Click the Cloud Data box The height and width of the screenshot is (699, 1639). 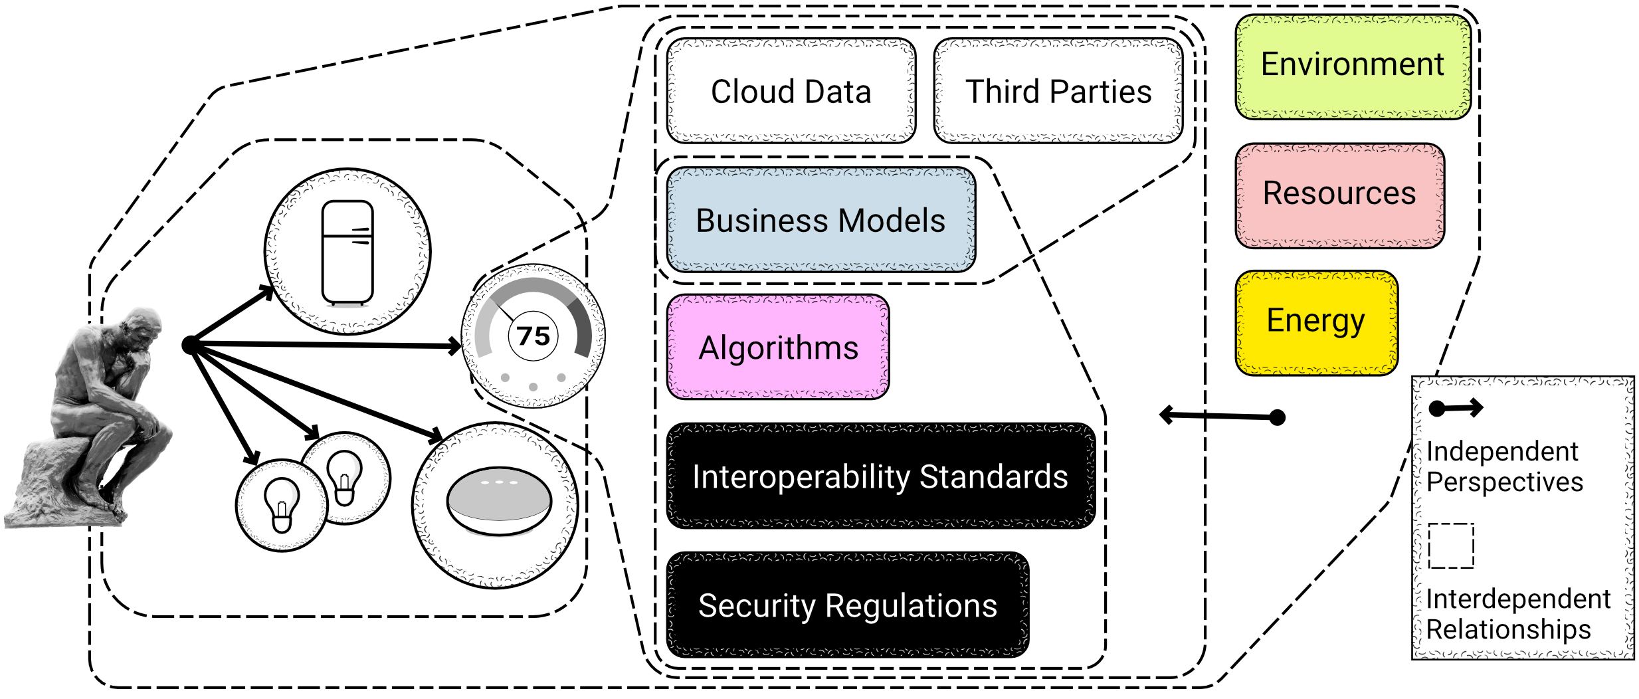click(x=791, y=91)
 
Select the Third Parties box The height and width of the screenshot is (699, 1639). click(x=1058, y=91)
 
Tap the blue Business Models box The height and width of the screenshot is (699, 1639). click(x=820, y=220)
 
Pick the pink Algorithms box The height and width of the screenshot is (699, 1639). click(x=778, y=348)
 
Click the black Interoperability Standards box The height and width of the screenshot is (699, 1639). click(x=880, y=476)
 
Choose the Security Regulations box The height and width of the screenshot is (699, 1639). click(x=848, y=605)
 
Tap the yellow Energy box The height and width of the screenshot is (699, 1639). click(x=1316, y=322)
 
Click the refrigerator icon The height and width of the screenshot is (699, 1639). click(x=347, y=252)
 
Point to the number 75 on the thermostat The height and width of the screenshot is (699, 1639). click(x=533, y=336)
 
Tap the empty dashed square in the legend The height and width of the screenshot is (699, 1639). click(x=1451, y=546)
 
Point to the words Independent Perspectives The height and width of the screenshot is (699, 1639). click(x=1504, y=466)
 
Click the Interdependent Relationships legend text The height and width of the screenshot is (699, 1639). click(x=1517, y=614)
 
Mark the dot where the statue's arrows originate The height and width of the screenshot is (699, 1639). click(x=190, y=345)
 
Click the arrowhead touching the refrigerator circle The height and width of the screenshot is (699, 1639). click(x=267, y=291)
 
